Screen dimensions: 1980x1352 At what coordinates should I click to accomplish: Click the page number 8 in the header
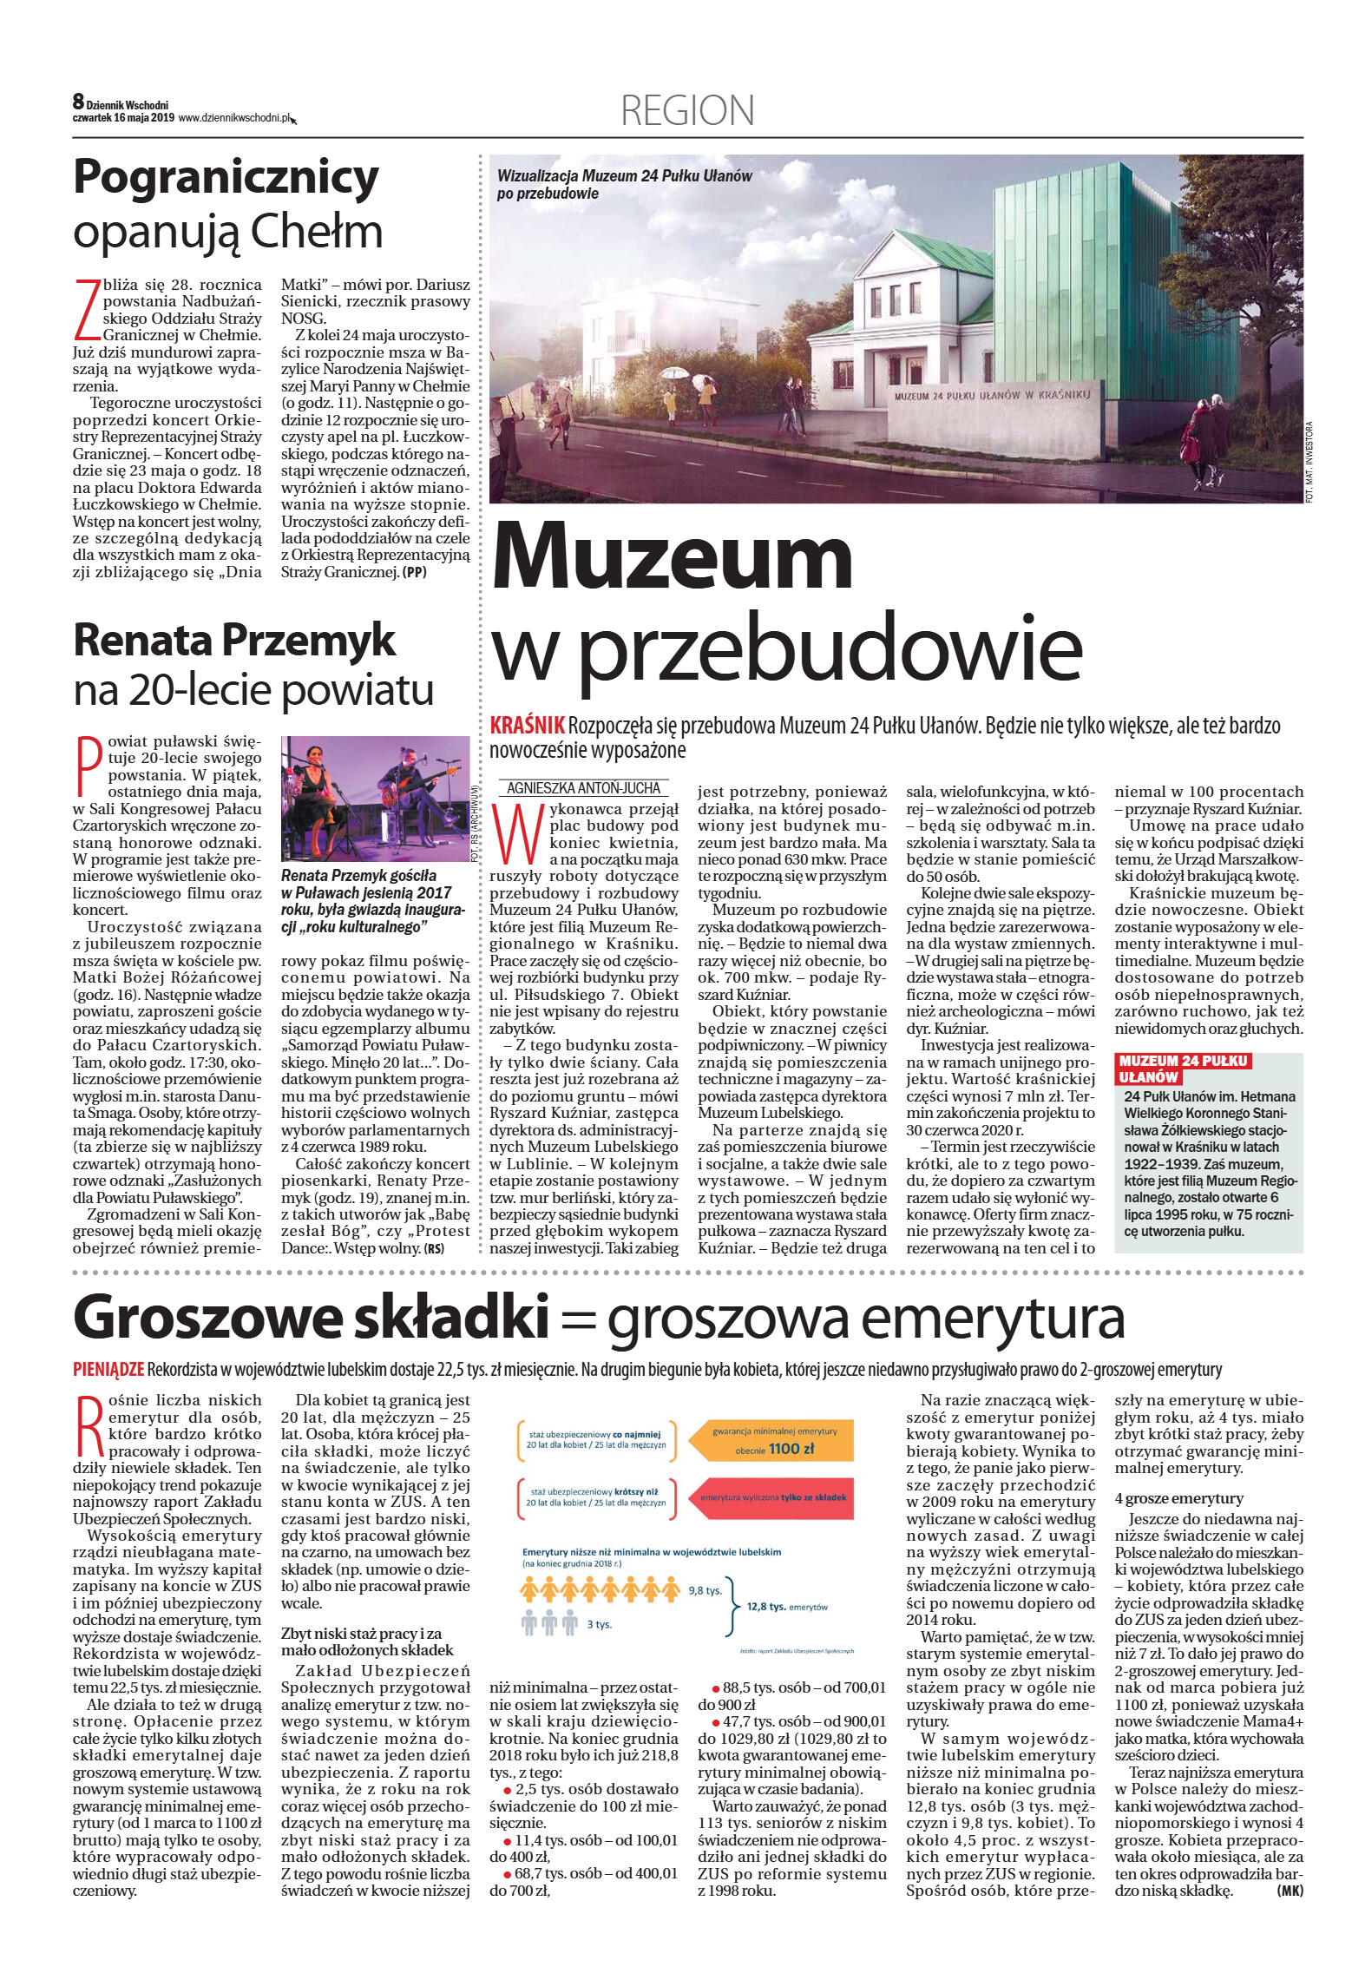(78, 102)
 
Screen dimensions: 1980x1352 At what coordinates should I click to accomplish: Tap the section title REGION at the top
(687, 111)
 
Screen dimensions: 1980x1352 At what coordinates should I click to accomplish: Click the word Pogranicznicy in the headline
(226, 178)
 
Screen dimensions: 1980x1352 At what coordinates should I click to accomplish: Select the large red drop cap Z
(86, 309)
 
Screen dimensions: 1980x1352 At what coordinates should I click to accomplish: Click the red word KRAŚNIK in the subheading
(528, 726)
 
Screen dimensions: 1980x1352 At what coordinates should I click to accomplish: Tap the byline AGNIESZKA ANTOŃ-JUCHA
(583, 788)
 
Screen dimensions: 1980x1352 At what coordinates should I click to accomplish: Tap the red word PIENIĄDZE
(108, 1370)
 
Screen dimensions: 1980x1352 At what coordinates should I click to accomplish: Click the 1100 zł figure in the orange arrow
(784, 1448)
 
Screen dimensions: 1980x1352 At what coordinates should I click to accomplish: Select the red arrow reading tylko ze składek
(772, 1497)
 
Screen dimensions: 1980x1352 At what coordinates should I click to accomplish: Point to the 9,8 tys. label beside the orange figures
(705, 1590)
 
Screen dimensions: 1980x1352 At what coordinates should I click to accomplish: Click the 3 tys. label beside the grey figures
(599, 1624)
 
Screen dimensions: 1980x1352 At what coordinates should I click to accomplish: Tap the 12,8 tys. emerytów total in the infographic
(787, 1607)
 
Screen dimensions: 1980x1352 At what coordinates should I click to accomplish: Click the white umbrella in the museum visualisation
(673, 374)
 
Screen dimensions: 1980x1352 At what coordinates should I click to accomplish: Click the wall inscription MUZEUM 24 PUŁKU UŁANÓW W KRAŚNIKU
(992, 395)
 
